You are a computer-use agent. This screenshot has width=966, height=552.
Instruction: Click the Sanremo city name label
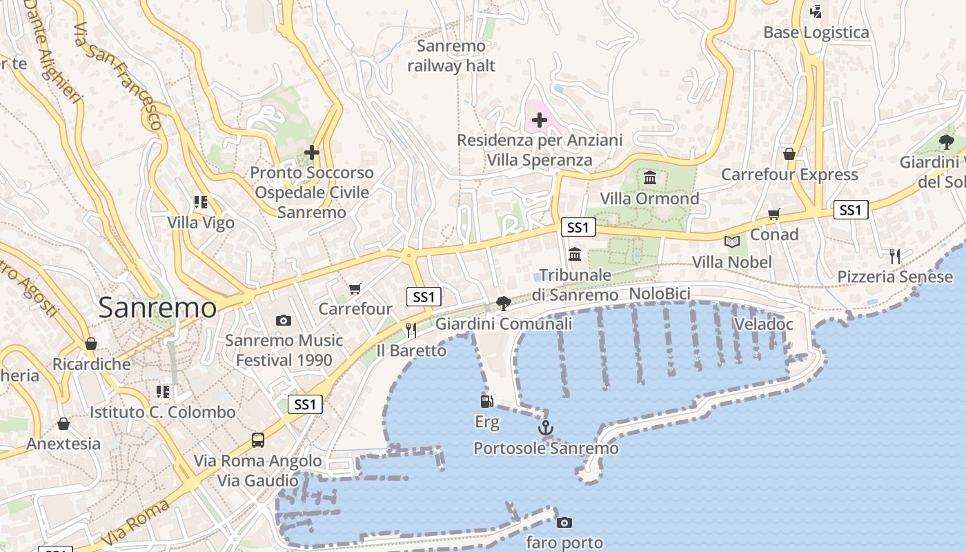pos(157,307)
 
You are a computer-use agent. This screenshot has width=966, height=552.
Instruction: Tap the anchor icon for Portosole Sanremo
pos(546,428)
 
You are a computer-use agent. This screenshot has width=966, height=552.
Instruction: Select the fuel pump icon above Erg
pos(487,401)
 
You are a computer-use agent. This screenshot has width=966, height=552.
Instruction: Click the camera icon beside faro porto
pos(564,522)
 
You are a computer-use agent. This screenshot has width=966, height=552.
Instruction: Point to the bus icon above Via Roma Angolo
pos(258,440)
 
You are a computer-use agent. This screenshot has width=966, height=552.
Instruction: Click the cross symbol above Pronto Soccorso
pos(312,152)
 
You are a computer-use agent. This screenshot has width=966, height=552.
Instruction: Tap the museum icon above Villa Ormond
pos(650,179)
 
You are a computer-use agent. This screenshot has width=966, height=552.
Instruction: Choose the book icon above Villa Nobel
pos(732,241)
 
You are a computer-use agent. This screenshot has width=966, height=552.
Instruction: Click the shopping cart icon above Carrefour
pos(355,288)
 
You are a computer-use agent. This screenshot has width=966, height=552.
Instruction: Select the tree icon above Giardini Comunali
pos(504,303)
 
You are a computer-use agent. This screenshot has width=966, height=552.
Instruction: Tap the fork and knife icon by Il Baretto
pos(411,330)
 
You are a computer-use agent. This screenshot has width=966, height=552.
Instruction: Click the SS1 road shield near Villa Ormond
pos(578,227)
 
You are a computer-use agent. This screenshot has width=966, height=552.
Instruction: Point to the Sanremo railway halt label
pos(451,56)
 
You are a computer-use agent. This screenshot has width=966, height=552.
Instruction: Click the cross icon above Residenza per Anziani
pos(540,121)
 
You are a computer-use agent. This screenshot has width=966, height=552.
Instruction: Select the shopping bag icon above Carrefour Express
pos(789,153)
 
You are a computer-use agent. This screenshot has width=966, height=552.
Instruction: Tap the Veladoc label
pos(763,324)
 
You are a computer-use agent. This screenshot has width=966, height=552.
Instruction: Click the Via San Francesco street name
pos(118,76)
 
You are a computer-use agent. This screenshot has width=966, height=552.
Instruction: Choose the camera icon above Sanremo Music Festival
pos(283,320)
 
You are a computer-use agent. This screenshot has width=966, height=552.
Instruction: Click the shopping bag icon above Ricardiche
pos(91,344)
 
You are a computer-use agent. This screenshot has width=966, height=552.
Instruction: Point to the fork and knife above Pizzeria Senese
pos(895,257)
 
